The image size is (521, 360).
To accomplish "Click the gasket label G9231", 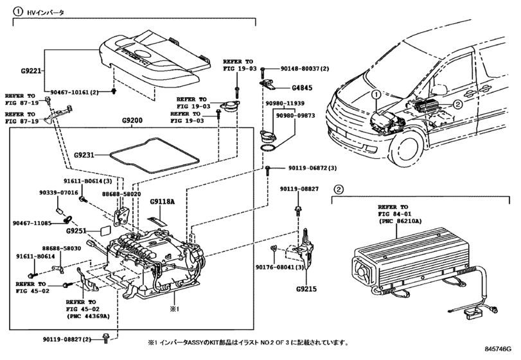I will pyautogui.click(x=85, y=155).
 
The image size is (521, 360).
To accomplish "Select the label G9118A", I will pyautogui.click(x=163, y=202).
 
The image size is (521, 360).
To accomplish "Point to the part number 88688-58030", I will pyautogui.click(x=62, y=248).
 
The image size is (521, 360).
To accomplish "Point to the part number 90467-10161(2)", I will pyautogui.click(x=75, y=92).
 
